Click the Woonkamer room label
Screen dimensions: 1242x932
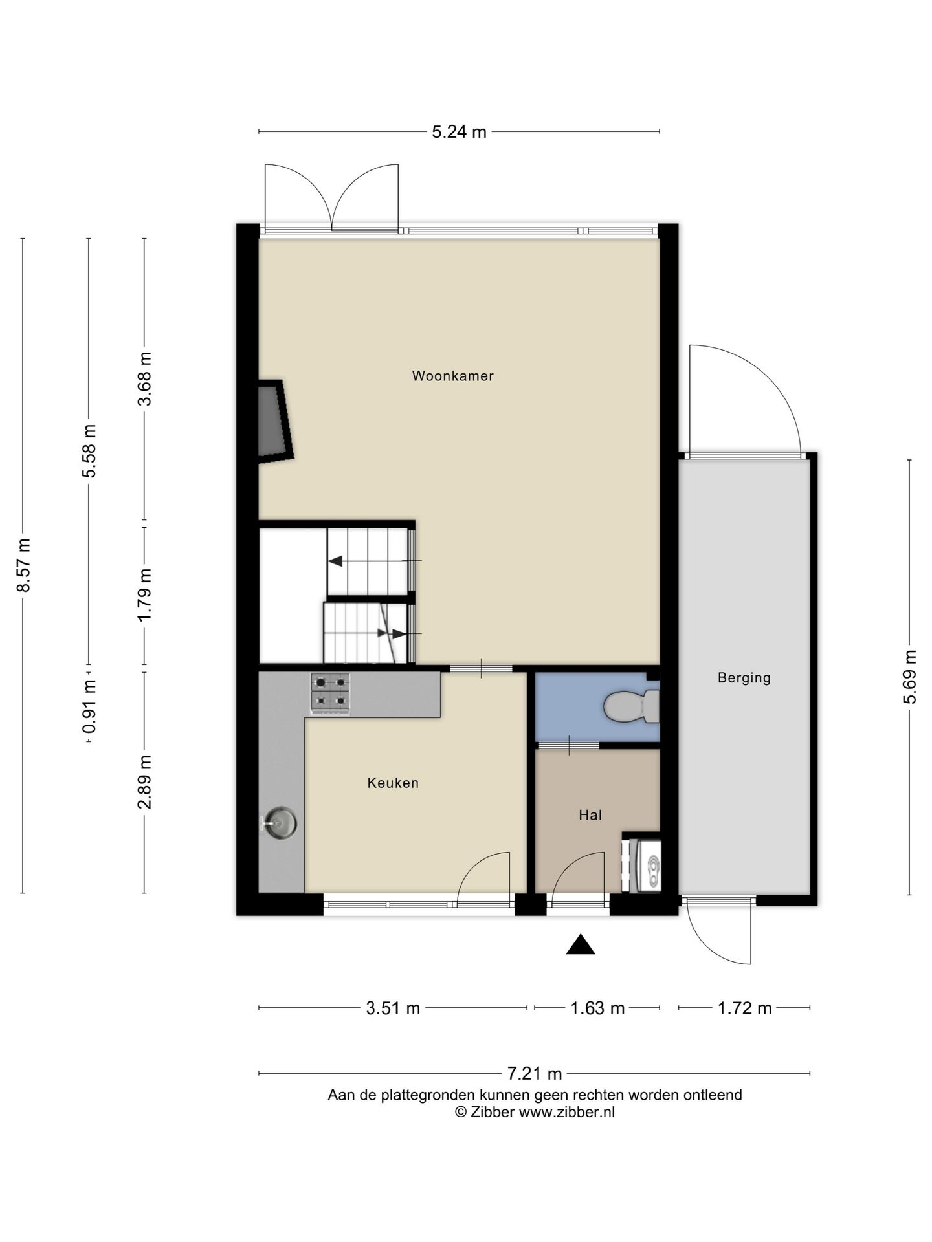point(452,376)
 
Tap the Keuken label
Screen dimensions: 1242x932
point(393,783)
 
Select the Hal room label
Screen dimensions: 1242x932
point(590,815)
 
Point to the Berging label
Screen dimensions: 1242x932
point(744,678)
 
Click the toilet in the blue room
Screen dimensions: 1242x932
point(631,706)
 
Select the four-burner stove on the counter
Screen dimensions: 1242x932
point(330,693)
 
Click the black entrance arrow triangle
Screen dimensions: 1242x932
point(581,945)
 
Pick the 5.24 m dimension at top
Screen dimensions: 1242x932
point(459,132)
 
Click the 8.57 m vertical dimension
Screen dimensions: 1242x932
point(23,565)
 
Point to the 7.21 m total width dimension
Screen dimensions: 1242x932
point(534,1074)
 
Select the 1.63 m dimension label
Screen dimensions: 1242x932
point(597,1008)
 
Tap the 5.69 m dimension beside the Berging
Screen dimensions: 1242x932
point(910,677)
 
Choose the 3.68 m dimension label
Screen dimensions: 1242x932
point(145,378)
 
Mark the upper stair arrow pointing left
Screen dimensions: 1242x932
point(337,561)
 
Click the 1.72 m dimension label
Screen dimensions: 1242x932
point(744,1008)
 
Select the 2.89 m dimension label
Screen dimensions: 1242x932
point(145,782)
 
